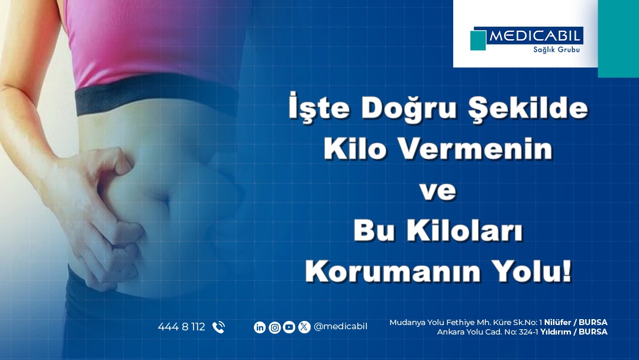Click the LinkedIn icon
click(x=260, y=327)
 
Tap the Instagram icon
click(x=275, y=327)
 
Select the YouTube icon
click(x=289, y=327)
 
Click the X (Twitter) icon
click(x=304, y=327)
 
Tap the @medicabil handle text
click(x=340, y=327)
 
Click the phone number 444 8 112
click(x=182, y=327)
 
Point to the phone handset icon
click(x=218, y=327)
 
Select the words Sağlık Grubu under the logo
click(x=556, y=50)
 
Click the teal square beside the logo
click(x=478, y=40)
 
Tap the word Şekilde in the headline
click(x=528, y=108)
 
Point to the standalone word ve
click(x=438, y=191)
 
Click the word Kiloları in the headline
click(x=464, y=230)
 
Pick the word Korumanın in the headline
click(x=393, y=271)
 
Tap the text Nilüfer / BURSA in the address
click(x=576, y=322)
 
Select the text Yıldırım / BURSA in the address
click(x=574, y=332)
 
